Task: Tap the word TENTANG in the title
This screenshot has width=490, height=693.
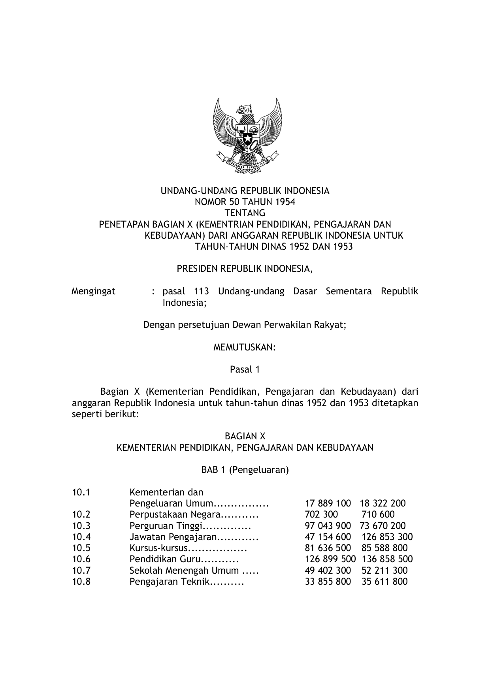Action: click(x=245, y=213)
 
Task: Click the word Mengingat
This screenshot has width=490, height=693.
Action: click(x=94, y=292)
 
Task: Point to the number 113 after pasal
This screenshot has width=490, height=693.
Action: click(x=201, y=292)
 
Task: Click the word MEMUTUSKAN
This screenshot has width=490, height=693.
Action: click(x=244, y=348)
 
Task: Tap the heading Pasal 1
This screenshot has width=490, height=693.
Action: click(x=245, y=370)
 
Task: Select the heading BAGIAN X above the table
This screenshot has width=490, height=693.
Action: click(x=245, y=437)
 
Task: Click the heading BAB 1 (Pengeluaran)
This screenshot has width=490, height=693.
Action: click(x=245, y=470)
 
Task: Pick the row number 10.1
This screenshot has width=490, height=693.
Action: click(x=81, y=492)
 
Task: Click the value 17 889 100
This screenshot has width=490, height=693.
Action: click(x=328, y=503)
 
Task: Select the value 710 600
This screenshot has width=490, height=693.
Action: click(x=378, y=514)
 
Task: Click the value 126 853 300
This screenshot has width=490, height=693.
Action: click(x=387, y=537)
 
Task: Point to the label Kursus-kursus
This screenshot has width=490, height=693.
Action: click(x=158, y=548)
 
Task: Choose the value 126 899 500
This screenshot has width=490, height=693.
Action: click(x=330, y=559)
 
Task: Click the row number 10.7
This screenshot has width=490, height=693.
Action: click(x=81, y=571)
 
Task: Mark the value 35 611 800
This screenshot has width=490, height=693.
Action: click(x=384, y=582)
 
